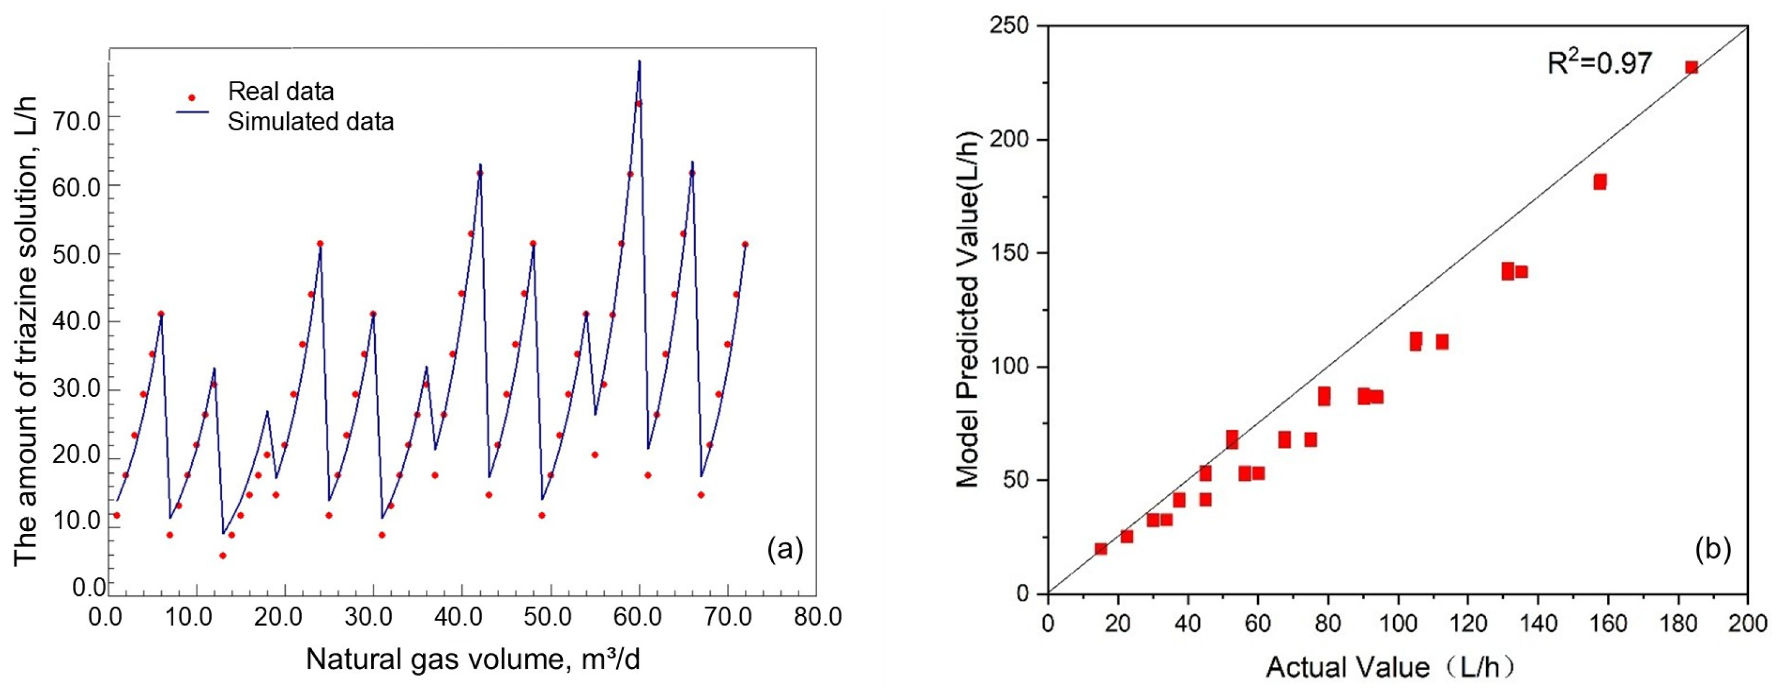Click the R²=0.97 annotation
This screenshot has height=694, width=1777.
click(x=1599, y=64)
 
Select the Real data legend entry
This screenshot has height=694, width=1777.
click(x=280, y=92)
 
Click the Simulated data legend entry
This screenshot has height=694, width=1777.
click(x=310, y=122)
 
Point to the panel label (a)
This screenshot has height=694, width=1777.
click(x=785, y=550)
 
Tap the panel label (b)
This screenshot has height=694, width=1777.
click(x=1713, y=550)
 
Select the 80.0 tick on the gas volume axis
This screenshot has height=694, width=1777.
click(x=816, y=617)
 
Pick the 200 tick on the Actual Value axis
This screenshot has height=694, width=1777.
click(x=1747, y=623)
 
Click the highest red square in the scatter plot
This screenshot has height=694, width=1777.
click(x=1692, y=67)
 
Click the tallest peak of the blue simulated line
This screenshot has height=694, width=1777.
click(x=639, y=62)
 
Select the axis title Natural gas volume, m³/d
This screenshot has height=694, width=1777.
click(x=473, y=660)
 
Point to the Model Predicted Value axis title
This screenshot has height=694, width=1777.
click(x=969, y=308)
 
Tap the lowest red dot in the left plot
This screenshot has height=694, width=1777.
click(x=222, y=555)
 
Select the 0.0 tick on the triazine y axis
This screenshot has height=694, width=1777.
click(x=88, y=588)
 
